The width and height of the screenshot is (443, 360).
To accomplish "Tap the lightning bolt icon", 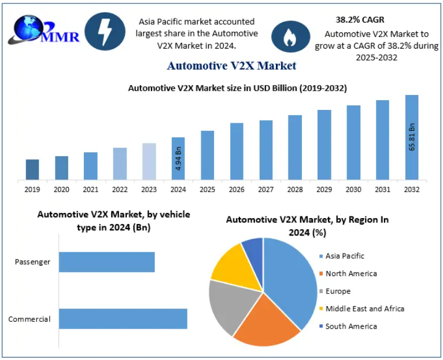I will (105, 32).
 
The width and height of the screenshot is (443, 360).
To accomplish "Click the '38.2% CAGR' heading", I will (360, 20).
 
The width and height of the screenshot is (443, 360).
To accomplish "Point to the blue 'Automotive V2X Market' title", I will (231, 65).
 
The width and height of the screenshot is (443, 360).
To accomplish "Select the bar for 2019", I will (32, 169).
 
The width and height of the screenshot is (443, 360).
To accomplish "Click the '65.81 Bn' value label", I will (412, 137).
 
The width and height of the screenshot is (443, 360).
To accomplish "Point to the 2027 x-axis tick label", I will (265, 189).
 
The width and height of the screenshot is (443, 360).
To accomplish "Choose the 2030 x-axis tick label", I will (353, 189).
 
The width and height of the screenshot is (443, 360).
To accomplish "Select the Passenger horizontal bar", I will (107, 262).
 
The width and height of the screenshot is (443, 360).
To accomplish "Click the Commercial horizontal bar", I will (123, 319).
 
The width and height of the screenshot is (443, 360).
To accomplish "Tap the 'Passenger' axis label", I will (32, 262).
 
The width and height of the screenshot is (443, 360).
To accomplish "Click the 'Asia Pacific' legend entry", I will (345, 256).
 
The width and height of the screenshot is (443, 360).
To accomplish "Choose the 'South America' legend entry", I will (350, 326).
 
